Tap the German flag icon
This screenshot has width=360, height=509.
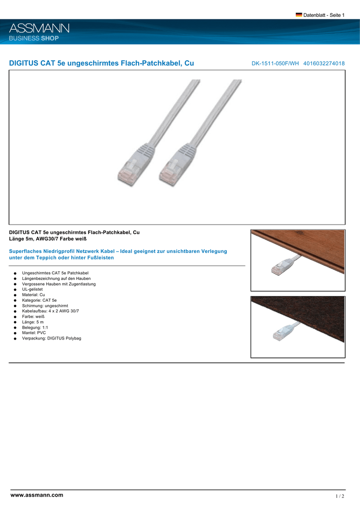(299, 15)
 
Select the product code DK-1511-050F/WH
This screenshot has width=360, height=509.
(275, 64)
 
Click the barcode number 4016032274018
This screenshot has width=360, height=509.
(324, 64)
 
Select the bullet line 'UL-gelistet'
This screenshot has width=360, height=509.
(32, 289)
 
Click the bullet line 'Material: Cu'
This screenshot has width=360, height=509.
(33, 295)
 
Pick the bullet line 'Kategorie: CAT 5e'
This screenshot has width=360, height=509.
(39, 300)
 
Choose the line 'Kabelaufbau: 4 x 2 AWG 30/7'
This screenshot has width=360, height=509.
(50, 311)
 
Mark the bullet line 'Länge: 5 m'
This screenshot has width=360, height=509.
(33, 322)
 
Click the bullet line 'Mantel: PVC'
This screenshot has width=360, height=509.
(34, 333)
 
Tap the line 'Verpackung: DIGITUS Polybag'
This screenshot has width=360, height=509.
(51, 339)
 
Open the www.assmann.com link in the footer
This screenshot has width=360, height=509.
(37, 495)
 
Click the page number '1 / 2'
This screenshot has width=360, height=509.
(340, 496)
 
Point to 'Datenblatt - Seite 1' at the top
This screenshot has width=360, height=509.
(324, 15)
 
